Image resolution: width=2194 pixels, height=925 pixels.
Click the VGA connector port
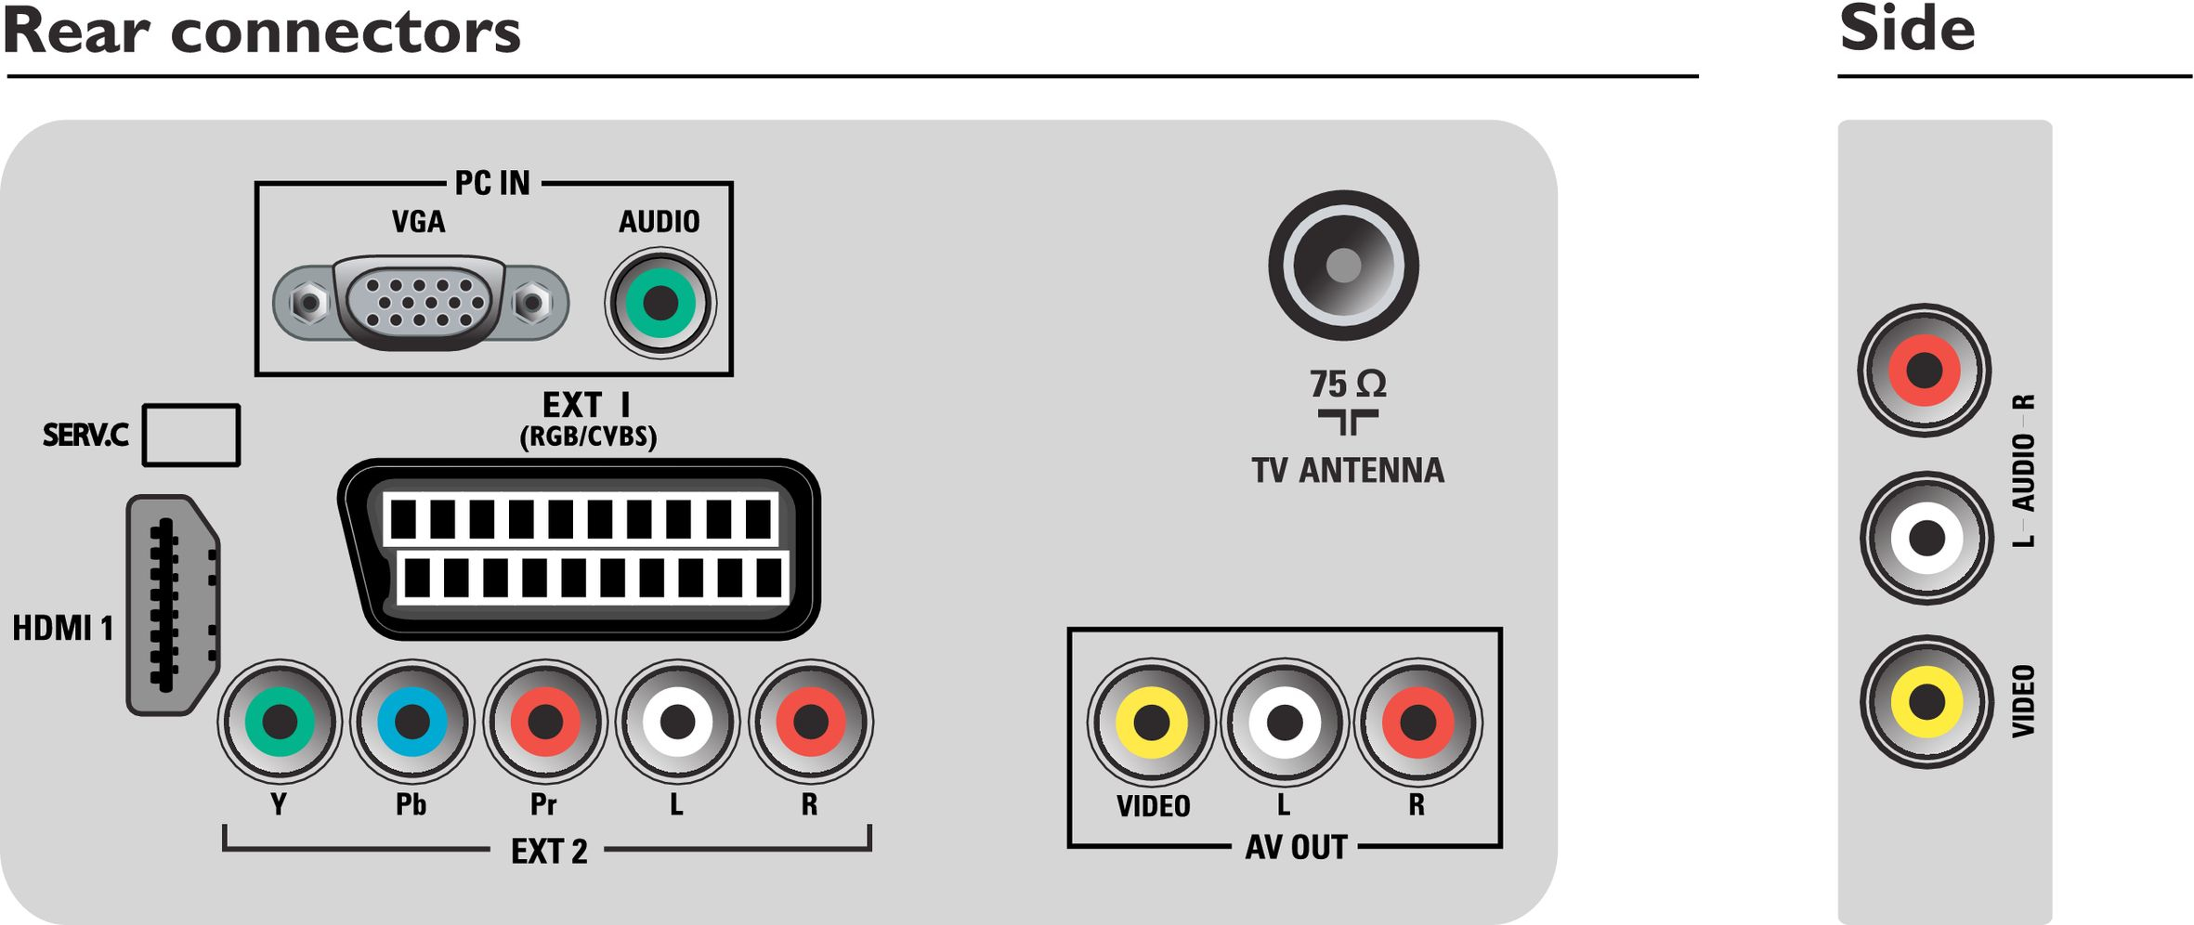(x=421, y=303)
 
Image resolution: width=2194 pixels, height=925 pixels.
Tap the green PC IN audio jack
(x=660, y=303)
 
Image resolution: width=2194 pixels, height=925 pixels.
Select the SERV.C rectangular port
(x=191, y=435)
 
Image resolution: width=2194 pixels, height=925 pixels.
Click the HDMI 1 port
(x=173, y=605)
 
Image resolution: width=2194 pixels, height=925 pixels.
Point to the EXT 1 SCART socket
(x=580, y=549)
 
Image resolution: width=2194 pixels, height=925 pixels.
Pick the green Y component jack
(x=280, y=722)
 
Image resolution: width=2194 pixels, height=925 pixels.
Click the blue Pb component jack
(x=412, y=722)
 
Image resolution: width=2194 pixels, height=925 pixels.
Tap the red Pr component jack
(x=545, y=722)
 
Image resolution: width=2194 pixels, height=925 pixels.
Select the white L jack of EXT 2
(x=678, y=722)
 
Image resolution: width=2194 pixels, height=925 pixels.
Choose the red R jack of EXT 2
(x=811, y=722)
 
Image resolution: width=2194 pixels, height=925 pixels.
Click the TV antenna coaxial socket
(x=1343, y=266)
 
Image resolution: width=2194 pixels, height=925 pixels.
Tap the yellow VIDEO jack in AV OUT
(x=1152, y=722)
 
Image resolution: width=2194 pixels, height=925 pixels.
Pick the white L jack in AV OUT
(x=1285, y=722)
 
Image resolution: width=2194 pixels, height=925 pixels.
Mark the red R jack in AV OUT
(x=1418, y=722)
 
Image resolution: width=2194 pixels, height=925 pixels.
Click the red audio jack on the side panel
(x=1925, y=371)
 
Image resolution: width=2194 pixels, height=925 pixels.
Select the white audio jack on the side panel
(x=1926, y=538)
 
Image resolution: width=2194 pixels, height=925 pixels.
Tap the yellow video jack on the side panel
(x=1926, y=702)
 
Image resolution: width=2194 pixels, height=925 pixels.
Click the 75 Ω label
(x=1348, y=384)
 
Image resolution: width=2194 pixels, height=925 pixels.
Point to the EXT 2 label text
(x=549, y=851)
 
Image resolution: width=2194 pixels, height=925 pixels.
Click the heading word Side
(x=1907, y=29)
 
